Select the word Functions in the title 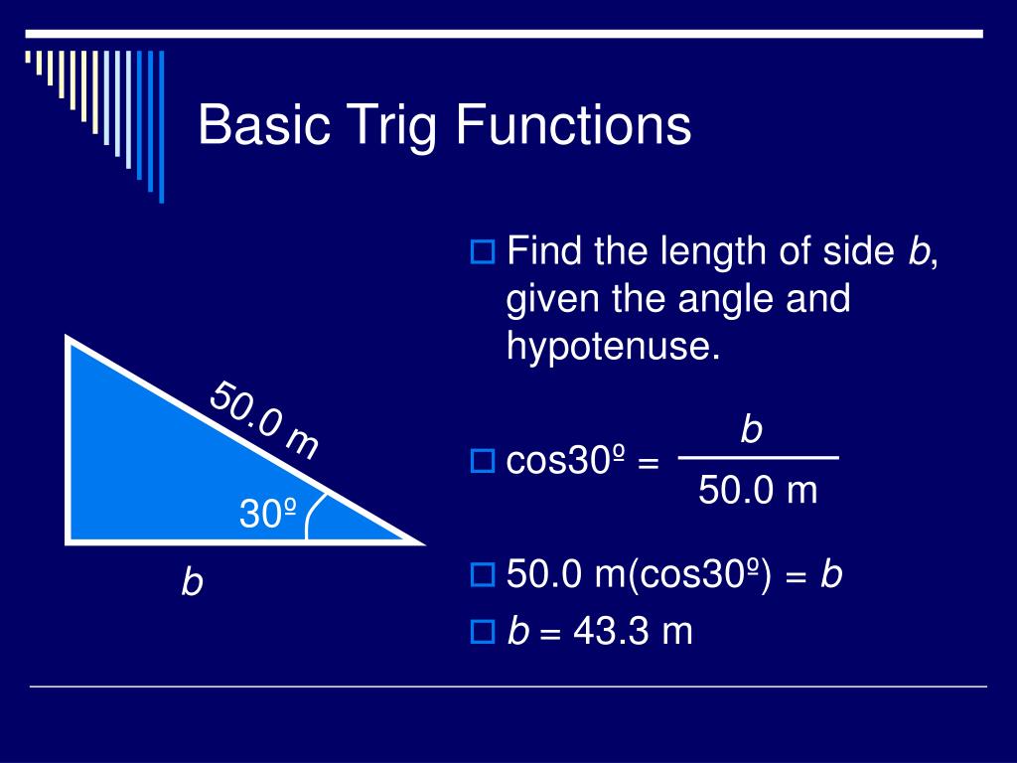point(574,126)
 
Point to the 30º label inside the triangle point(268,514)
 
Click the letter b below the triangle point(192,582)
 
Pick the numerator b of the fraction point(752,429)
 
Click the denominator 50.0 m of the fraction point(758,490)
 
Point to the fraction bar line point(758,458)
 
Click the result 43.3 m point(632,631)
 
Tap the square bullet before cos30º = point(482,460)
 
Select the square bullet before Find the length point(482,252)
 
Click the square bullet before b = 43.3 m point(482,631)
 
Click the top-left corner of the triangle point(69,340)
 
